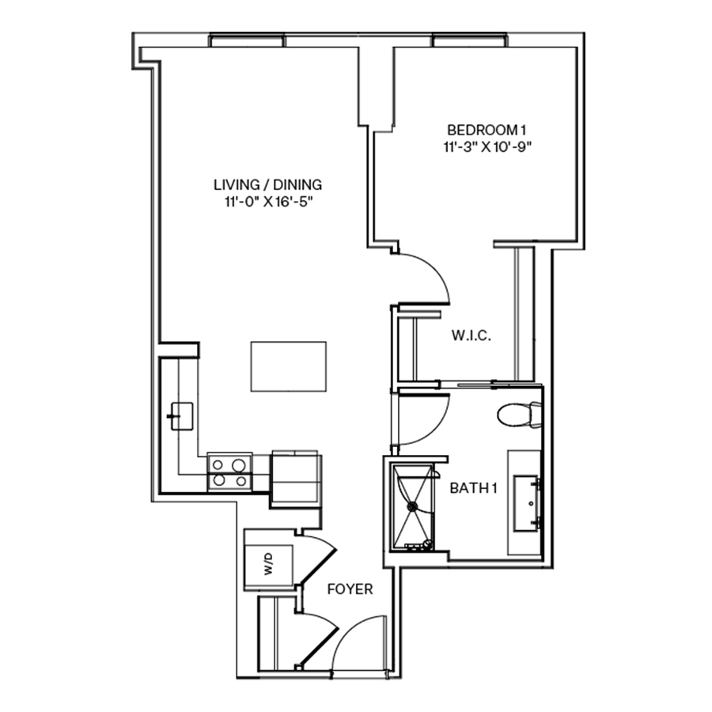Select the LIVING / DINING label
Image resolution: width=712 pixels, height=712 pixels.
pyautogui.click(x=268, y=185)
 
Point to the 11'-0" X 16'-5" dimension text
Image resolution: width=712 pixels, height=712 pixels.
pyautogui.click(x=268, y=202)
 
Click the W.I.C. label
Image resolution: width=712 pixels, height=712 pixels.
pyautogui.click(x=472, y=336)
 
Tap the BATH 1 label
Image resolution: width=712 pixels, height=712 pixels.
pyautogui.click(x=473, y=488)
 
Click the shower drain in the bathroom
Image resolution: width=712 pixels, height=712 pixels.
pyautogui.click(x=412, y=506)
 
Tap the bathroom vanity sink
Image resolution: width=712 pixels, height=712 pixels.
pyautogui.click(x=525, y=502)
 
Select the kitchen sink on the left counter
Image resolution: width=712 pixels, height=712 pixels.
pyautogui.click(x=181, y=415)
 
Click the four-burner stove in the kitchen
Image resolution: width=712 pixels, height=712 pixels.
pyautogui.click(x=229, y=472)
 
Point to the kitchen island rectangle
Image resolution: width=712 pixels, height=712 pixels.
pyautogui.click(x=289, y=366)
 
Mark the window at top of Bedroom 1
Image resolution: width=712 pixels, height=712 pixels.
pyautogui.click(x=469, y=40)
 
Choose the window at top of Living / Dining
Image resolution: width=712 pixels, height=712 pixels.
pyautogui.click(x=246, y=40)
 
